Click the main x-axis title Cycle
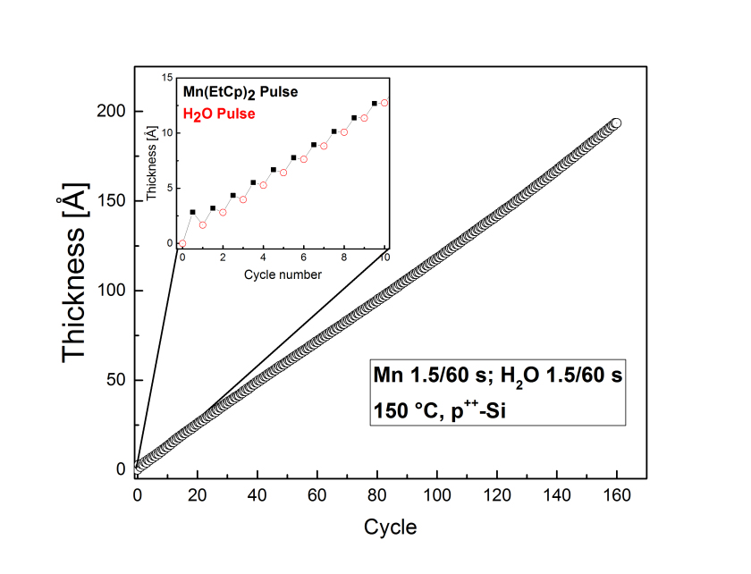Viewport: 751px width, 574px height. (x=390, y=528)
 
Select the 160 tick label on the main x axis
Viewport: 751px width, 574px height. (x=616, y=494)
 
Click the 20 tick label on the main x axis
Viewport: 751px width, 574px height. (x=197, y=494)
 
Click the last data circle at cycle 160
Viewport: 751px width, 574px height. (x=616, y=123)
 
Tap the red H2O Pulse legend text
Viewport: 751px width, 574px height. (x=219, y=114)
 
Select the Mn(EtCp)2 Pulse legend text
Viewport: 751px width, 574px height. (x=240, y=92)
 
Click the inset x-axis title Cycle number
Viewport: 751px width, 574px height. (x=283, y=274)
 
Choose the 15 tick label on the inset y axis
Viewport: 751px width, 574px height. (x=165, y=77)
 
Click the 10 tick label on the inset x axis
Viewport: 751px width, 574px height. (x=385, y=259)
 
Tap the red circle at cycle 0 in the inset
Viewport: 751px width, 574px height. (x=182, y=243)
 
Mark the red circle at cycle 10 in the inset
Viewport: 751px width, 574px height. (x=384, y=103)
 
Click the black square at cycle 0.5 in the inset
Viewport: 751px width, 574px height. (x=192, y=212)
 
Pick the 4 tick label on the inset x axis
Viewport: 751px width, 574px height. (x=263, y=259)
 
